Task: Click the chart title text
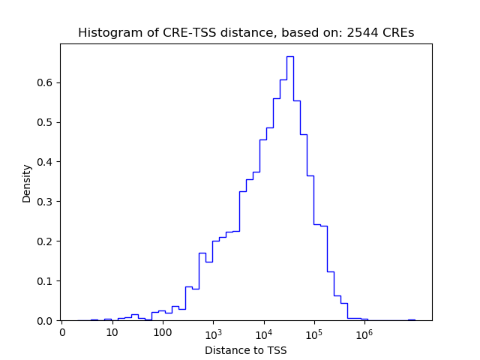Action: [x=246, y=33]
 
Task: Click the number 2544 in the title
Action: [x=361, y=33]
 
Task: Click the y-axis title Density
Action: [x=27, y=183]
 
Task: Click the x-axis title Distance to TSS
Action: [x=246, y=350]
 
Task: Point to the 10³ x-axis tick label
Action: [x=213, y=331]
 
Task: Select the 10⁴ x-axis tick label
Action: [x=263, y=331]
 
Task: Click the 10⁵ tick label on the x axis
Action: [x=313, y=331]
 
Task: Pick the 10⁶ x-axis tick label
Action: [x=364, y=331]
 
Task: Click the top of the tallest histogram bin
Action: [x=289, y=56]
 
